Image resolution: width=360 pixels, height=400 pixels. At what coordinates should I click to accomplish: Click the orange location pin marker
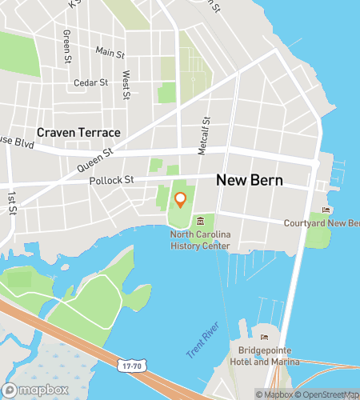click(x=180, y=199)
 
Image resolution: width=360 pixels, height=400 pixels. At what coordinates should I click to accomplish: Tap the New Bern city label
click(x=250, y=181)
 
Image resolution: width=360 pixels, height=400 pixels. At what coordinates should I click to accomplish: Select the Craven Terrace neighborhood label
click(x=78, y=132)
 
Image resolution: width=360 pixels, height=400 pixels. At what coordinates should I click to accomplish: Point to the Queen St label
click(x=96, y=159)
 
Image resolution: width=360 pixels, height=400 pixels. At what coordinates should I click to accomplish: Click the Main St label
click(x=110, y=52)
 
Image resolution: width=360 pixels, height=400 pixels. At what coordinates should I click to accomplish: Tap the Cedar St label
click(x=90, y=82)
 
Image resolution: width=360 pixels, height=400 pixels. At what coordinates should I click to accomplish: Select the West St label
click(x=126, y=85)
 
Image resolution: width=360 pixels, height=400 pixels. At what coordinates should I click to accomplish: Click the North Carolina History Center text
click(x=199, y=239)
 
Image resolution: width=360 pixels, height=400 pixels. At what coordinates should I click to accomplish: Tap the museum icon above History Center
click(x=200, y=221)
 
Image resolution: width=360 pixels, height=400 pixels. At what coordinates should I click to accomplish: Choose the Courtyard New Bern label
click(x=321, y=222)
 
